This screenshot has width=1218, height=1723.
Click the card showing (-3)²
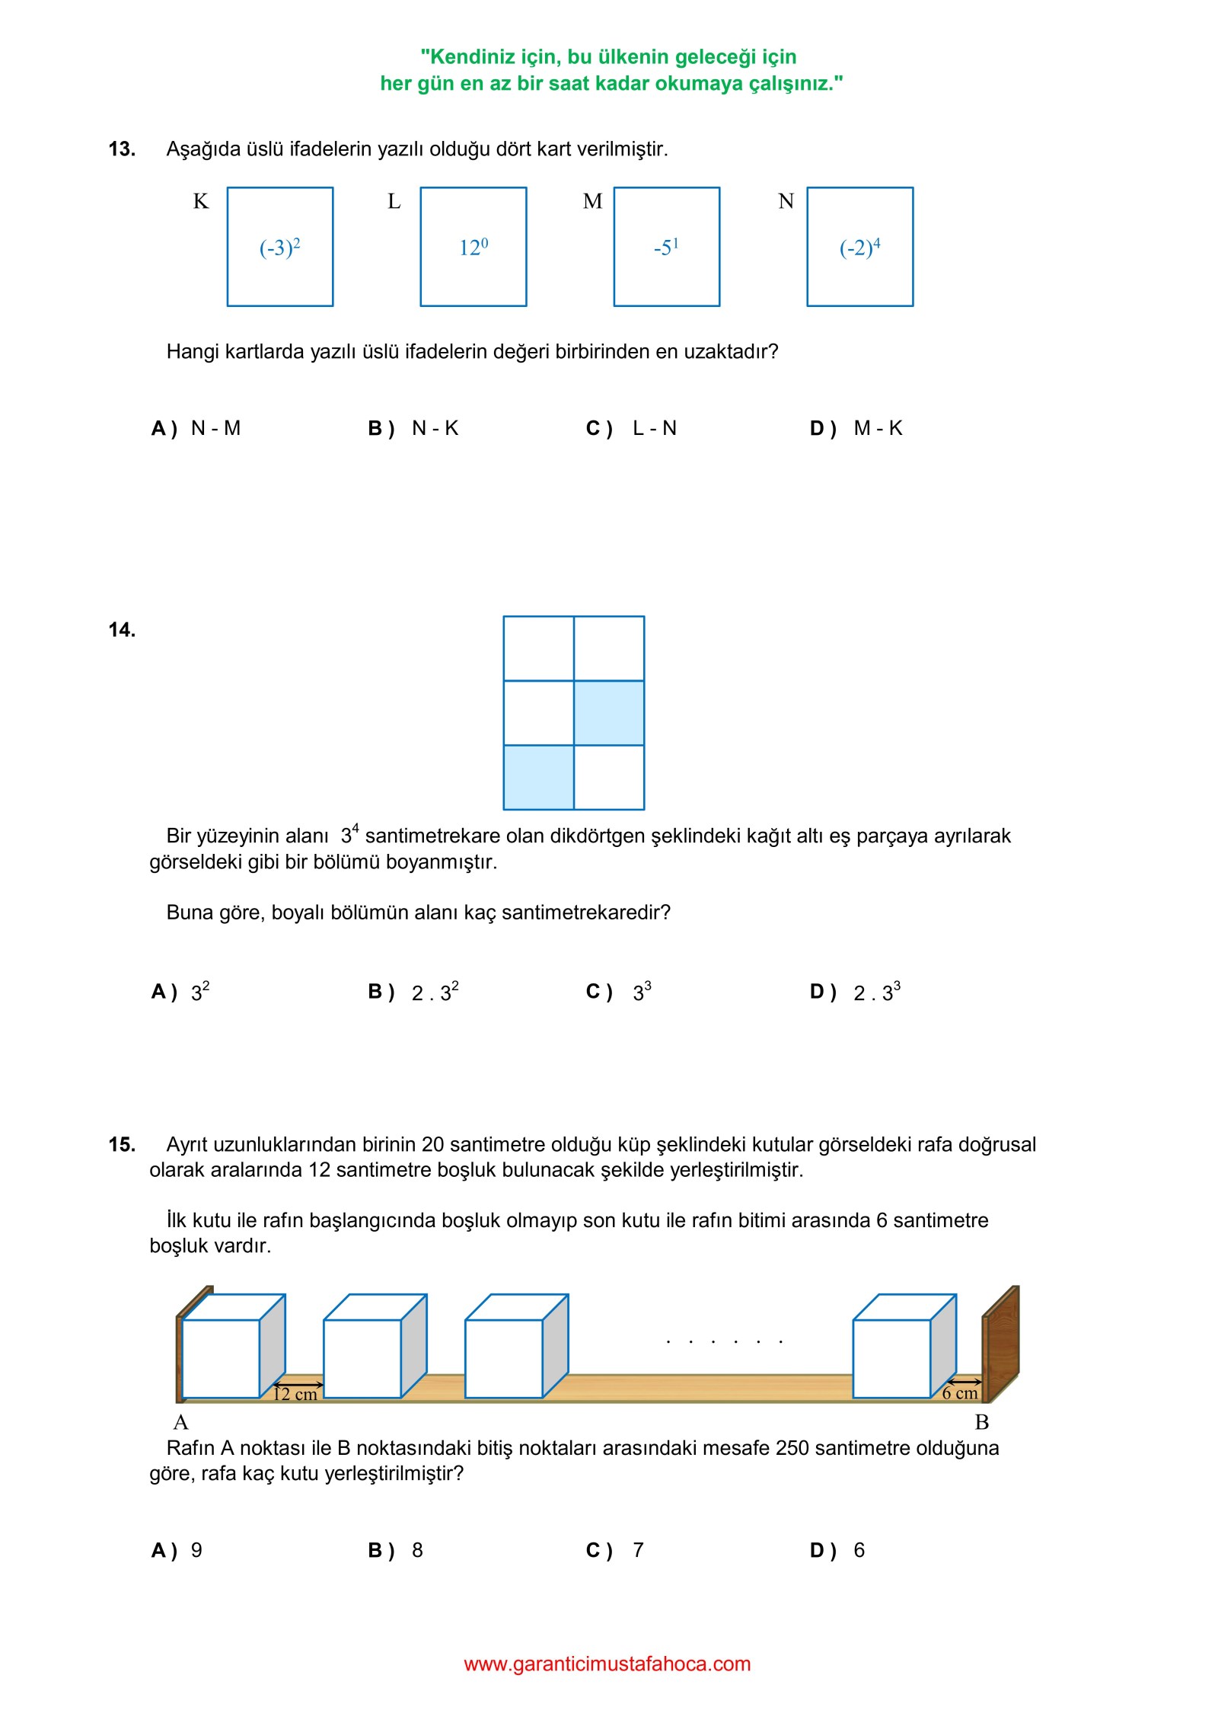280,247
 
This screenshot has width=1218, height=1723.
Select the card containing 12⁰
473,247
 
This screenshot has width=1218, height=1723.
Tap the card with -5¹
666,247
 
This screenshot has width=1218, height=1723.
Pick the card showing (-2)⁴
859,247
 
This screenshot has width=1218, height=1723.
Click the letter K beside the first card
200,201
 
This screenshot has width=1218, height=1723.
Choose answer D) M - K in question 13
856,428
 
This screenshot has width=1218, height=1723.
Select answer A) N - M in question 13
196,428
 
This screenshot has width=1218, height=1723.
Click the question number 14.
122,629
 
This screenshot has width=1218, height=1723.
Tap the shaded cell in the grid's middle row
609,712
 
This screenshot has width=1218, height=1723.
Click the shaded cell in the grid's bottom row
538,777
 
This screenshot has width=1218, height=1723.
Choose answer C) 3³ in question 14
619,992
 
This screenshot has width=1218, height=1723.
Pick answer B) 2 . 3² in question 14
413,992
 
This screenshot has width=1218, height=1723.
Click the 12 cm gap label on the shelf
295,1394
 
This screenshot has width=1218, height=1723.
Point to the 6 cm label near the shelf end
959,1393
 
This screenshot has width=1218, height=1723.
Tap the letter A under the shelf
180,1422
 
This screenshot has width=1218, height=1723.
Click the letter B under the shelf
982,1422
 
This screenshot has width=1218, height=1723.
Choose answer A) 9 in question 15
177,1550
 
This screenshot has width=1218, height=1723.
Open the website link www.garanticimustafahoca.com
607,1664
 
